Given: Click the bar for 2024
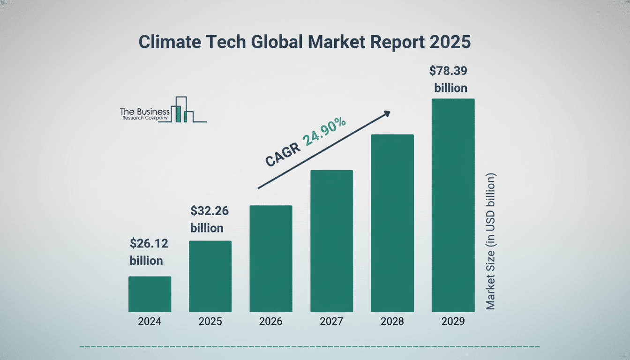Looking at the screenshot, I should pos(150,294).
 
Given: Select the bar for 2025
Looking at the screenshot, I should pos(210,276).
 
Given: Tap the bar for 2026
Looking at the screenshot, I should pos(270,258).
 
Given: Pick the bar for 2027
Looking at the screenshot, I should pos(331,240).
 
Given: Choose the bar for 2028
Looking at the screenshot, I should pos(392,223).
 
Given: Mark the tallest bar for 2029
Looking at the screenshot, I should pos(453,205).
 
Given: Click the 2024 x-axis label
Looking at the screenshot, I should pos(150,322).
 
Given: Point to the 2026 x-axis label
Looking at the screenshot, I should pos(270,322).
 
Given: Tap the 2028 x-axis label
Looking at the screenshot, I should pos(392,322).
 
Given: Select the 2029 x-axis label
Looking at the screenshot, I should pos(453,322).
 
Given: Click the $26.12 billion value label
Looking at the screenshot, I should pos(149,252).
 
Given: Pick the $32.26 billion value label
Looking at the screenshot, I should pos(210,219).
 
